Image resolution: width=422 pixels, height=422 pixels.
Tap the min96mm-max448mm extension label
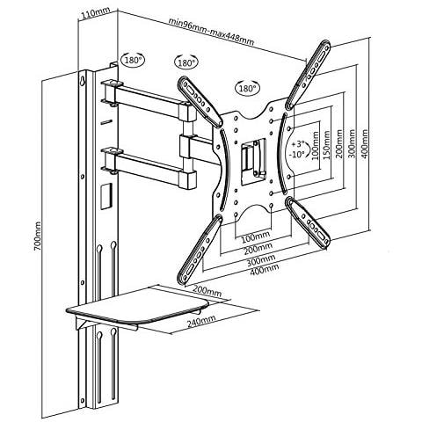point(212,36)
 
